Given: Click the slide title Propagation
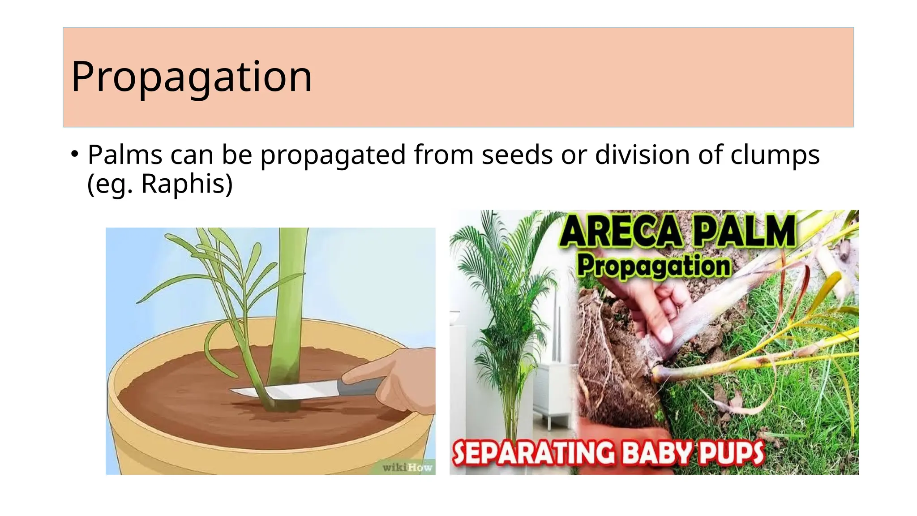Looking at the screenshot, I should tap(191, 77).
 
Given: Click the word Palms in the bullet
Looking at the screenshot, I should tap(124, 155).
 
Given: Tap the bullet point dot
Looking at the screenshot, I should tap(75, 154).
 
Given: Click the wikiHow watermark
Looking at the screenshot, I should tap(407, 467).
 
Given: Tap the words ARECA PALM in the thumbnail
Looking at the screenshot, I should tap(677, 232).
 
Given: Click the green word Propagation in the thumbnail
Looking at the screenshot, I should tap(654, 266).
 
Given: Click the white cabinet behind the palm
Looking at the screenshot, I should tap(553, 390).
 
